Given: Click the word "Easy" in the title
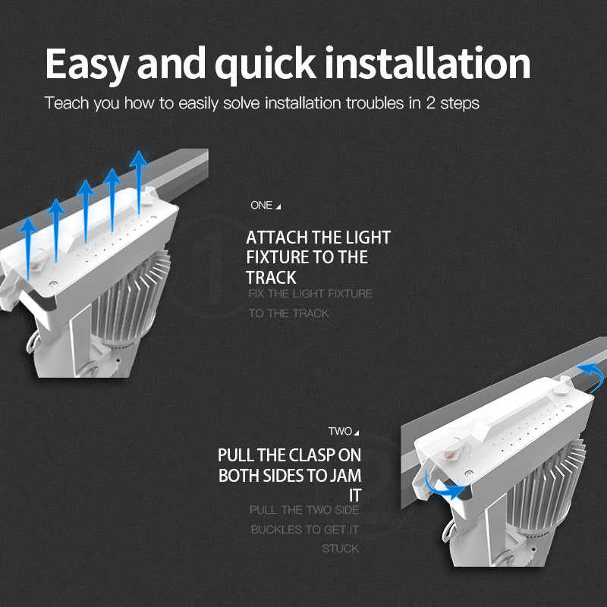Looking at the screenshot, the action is tap(87, 64).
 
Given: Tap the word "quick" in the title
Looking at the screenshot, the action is tap(266, 64).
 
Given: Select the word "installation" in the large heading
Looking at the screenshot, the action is tap(428, 63).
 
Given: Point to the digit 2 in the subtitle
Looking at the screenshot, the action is tap(430, 103).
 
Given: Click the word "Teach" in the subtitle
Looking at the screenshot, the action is tap(67, 103).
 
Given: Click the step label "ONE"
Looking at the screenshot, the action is tap(261, 205).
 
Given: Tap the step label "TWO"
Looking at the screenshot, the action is tap(340, 431).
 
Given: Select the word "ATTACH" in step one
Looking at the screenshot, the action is tap(277, 237).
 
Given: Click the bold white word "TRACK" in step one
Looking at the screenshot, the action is tap(271, 278).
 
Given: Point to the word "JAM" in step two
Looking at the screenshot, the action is tap(345, 476).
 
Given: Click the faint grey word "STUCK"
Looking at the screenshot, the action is tap(341, 549).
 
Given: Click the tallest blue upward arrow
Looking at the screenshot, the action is tap(139, 183).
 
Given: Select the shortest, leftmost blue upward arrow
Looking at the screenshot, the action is tap(28, 249).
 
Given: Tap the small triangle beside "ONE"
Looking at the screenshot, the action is tap(278, 207).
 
